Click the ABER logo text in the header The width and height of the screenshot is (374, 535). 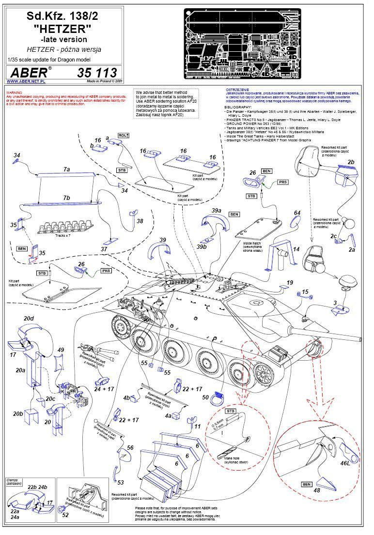(x=29, y=73)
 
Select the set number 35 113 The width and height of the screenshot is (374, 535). (x=97, y=73)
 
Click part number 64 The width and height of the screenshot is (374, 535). (x=297, y=213)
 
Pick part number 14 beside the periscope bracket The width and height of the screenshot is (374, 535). (x=297, y=249)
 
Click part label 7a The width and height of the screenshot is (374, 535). (x=67, y=169)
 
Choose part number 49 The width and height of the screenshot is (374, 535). (x=61, y=350)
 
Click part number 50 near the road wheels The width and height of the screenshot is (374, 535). (x=205, y=397)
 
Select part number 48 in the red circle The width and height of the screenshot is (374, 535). (x=316, y=489)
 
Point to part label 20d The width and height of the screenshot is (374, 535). (x=29, y=318)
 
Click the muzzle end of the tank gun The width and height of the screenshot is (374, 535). (x=360, y=338)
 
